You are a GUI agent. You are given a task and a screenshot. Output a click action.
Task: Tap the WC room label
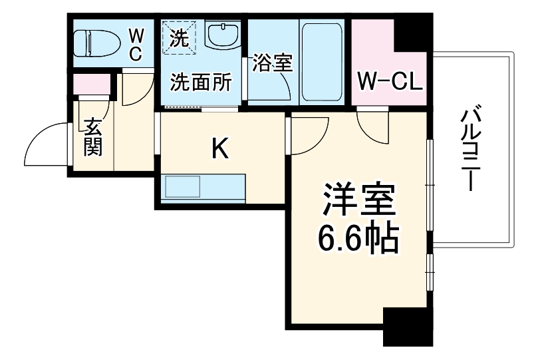135,45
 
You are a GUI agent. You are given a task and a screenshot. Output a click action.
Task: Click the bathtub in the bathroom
321,63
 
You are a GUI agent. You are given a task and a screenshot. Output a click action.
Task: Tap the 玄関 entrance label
92,136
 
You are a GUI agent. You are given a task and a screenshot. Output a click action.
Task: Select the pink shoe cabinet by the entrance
91,85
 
